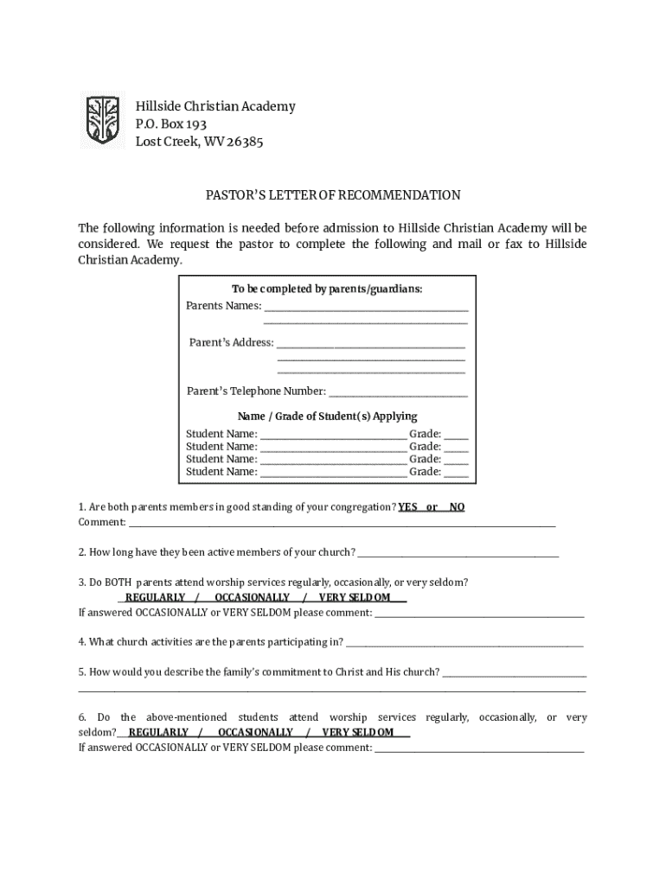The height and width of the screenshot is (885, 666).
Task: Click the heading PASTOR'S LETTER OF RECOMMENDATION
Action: tap(332, 195)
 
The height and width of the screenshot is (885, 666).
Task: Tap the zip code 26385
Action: tap(246, 143)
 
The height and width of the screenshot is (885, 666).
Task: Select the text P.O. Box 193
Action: tap(171, 124)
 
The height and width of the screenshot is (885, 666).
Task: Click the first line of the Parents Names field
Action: tap(366, 308)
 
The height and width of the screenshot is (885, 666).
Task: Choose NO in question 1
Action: tap(457, 507)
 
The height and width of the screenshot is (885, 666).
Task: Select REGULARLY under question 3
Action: tap(155, 597)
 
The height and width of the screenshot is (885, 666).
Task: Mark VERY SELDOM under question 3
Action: tap(355, 597)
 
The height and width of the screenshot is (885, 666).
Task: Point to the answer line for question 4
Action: tap(464, 644)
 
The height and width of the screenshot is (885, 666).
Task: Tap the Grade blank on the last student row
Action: tap(457, 474)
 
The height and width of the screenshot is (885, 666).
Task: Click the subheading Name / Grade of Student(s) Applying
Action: tap(327, 417)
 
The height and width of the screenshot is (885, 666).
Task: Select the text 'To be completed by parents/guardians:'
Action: tap(327, 289)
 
